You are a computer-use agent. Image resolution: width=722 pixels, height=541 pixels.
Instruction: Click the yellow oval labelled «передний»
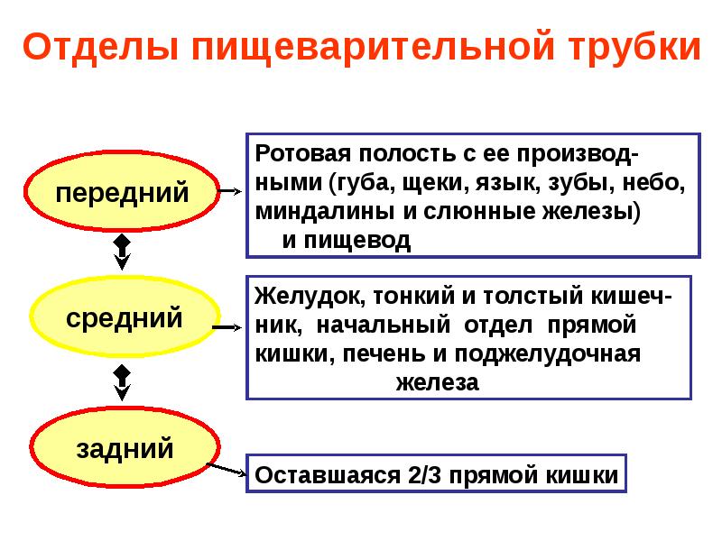(123, 192)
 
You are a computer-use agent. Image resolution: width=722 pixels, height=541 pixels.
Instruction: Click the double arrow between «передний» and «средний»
(123, 253)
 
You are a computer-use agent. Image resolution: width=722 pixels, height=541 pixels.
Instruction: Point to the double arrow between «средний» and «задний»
(123, 381)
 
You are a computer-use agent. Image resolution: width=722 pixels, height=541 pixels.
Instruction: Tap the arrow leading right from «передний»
(228, 192)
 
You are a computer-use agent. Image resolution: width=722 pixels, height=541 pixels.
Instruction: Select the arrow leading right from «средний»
(228, 328)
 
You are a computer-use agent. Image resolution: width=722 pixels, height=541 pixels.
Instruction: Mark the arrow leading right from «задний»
(227, 470)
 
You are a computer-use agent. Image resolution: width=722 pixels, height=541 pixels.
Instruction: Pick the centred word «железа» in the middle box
(436, 381)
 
